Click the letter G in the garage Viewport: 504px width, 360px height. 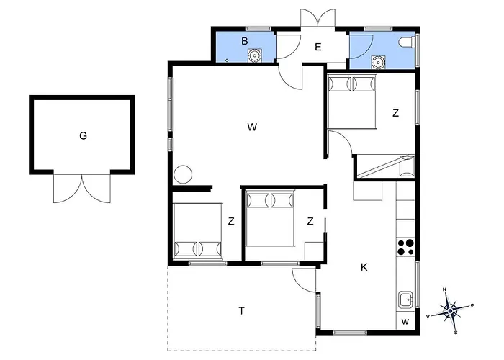[x=83, y=136]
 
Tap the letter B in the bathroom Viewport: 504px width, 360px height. [x=245, y=41]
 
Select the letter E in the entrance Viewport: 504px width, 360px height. [x=318, y=48]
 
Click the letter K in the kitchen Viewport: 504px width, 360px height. [x=364, y=267]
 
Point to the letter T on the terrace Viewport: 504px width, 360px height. [x=241, y=311]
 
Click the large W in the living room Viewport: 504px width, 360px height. [x=252, y=127]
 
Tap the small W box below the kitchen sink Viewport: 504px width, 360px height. [x=405, y=321]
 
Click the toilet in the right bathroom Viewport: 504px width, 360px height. [x=408, y=42]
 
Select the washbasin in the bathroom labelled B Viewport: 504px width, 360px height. [x=254, y=55]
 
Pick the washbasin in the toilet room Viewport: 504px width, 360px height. [x=378, y=62]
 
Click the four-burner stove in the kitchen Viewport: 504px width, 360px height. [x=405, y=247]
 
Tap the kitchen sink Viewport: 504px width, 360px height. [x=406, y=300]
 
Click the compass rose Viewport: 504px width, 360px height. [x=450, y=310]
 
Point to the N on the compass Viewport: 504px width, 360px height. [x=445, y=289]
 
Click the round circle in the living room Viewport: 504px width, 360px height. [x=183, y=174]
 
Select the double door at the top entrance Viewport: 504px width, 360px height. [x=318, y=18]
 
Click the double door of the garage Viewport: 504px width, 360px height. [x=82, y=189]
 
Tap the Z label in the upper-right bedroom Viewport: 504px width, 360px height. [x=396, y=113]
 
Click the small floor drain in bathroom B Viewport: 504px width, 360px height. [x=227, y=60]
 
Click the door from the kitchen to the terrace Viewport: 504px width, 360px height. [x=304, y=280]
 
